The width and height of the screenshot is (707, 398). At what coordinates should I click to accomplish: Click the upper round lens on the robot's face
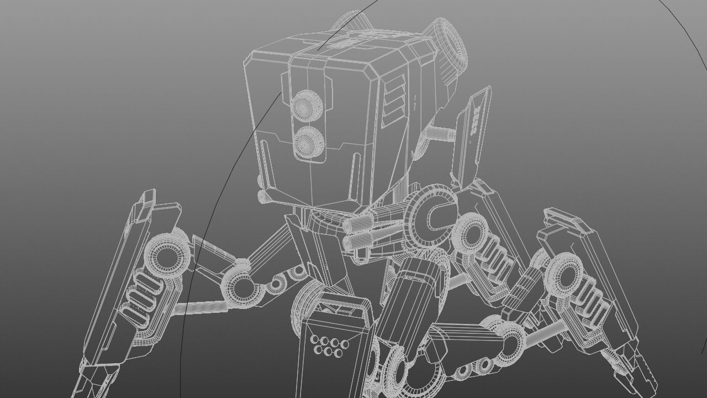tap(304, 106)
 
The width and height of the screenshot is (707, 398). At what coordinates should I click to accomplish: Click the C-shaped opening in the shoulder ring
tap(434, 216)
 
